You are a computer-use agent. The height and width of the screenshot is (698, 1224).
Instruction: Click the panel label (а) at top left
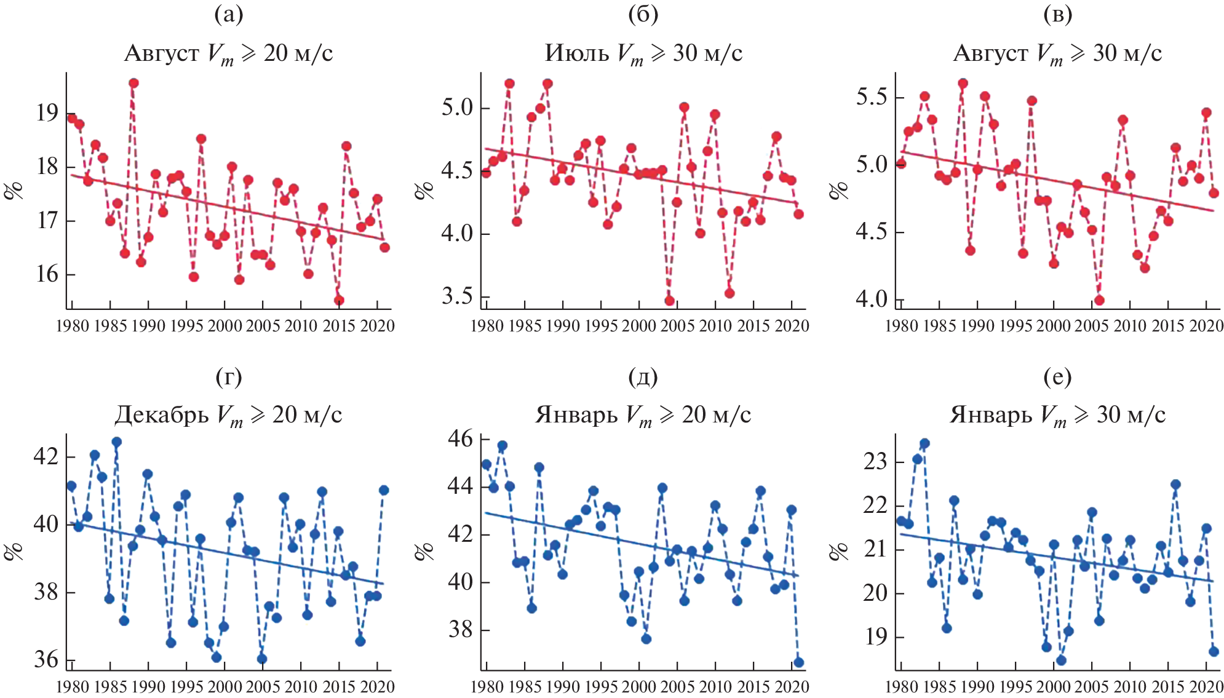coord(229,15)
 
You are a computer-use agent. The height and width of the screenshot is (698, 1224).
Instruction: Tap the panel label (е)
coord(1057,376)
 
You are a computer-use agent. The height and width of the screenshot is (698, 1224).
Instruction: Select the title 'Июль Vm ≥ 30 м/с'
coord(643,54)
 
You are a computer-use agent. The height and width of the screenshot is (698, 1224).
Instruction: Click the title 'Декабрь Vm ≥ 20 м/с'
coord(228,415)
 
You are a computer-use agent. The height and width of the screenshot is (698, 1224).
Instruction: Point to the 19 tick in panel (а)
coord(47,113)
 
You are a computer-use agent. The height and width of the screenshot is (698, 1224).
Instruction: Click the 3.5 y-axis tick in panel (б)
coord(458,296)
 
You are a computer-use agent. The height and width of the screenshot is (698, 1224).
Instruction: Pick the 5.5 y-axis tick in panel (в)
coord(872,97)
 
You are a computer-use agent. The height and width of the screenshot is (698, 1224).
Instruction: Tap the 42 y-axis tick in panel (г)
coord(47,457)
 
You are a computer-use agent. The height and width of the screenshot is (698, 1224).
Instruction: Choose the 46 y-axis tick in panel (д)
coord(461,438)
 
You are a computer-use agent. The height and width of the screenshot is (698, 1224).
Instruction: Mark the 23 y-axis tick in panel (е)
coord(876,461)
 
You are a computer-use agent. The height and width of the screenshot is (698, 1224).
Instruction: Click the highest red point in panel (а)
coord(133,83)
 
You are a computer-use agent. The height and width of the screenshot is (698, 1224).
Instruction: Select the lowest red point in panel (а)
coord(339,301)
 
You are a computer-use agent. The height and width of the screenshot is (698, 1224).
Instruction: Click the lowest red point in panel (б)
coord(669,301)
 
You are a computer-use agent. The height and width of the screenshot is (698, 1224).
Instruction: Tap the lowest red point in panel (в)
coord(1099,300)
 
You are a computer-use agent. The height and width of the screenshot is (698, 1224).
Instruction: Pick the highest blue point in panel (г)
coord(117,442)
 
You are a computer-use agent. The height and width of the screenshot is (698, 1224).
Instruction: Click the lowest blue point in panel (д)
coord(798,662)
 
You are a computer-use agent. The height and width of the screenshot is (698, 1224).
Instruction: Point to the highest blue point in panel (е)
coord(924,443)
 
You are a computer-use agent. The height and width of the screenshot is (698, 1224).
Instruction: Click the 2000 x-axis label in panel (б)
coord(639,326)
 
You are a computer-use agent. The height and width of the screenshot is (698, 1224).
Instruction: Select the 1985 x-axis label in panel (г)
coord(110,686)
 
